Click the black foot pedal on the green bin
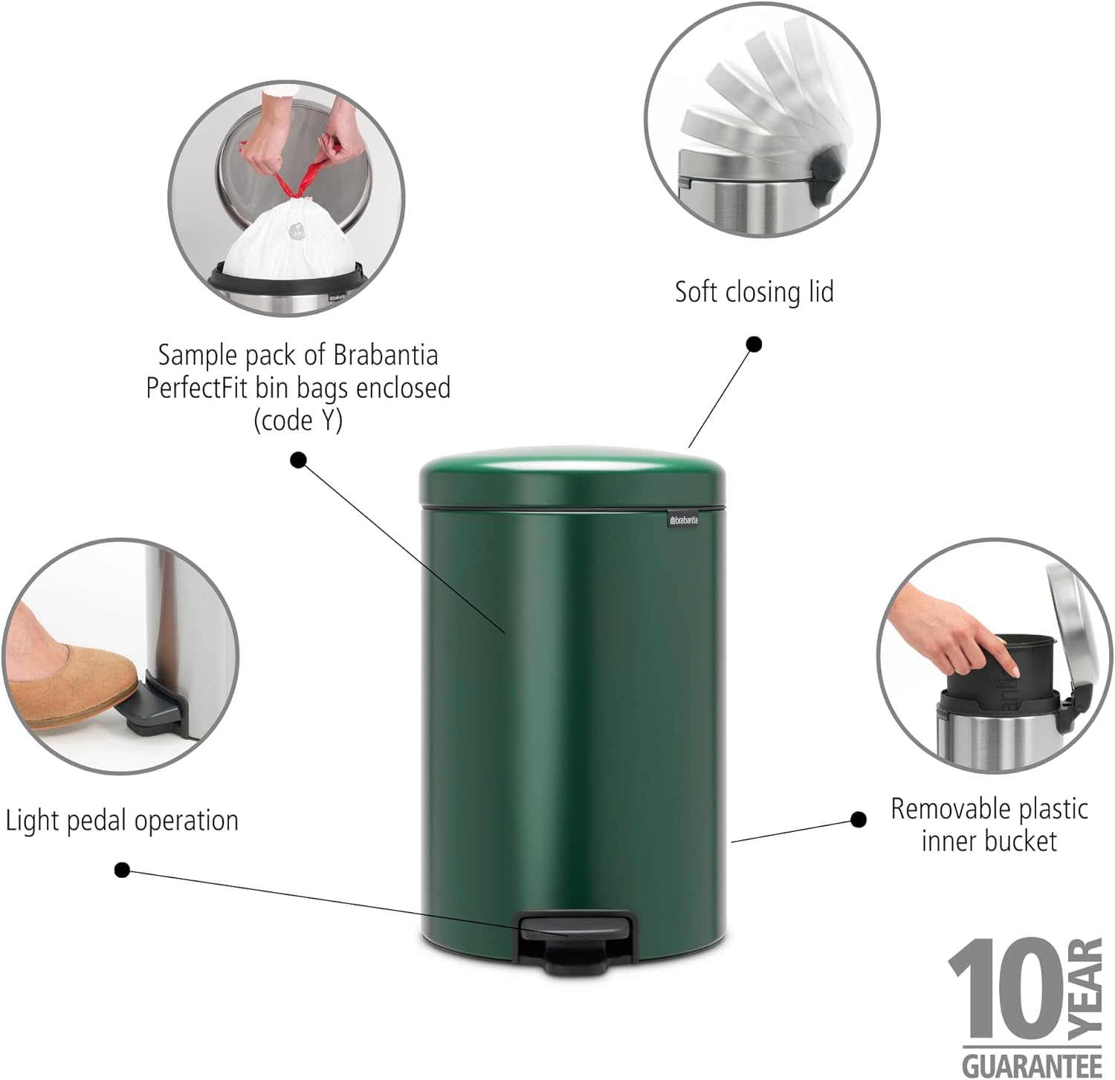pos(577,941)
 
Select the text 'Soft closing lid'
pos(754,292)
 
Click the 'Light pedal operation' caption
pos(122,821)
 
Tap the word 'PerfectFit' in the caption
pos(201,388)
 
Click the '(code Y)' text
pos(298,420)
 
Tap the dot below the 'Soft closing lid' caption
pos(754,344)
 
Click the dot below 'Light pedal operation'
pos(123,870)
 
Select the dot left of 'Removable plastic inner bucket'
pos(858,819)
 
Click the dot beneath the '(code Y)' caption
pos(298,460)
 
